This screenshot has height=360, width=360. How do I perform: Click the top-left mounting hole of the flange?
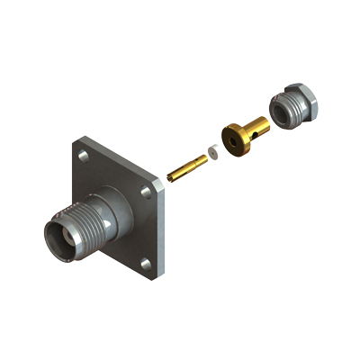[x=84, y=157]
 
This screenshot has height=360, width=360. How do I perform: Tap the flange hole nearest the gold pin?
[x=148, y=193]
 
